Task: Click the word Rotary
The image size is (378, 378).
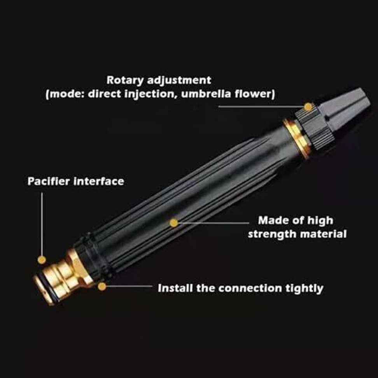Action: (125, 80)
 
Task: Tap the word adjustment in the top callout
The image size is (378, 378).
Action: (179, 80)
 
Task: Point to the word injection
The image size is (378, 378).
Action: (150, 94)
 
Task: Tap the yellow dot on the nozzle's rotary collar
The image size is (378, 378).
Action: (308, 107)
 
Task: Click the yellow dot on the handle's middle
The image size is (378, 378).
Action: (174, 222)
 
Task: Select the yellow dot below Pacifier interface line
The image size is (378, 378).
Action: (42, 259)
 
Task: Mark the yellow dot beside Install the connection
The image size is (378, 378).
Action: (102, 287)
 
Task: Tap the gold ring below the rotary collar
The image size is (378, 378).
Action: (297, 138)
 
